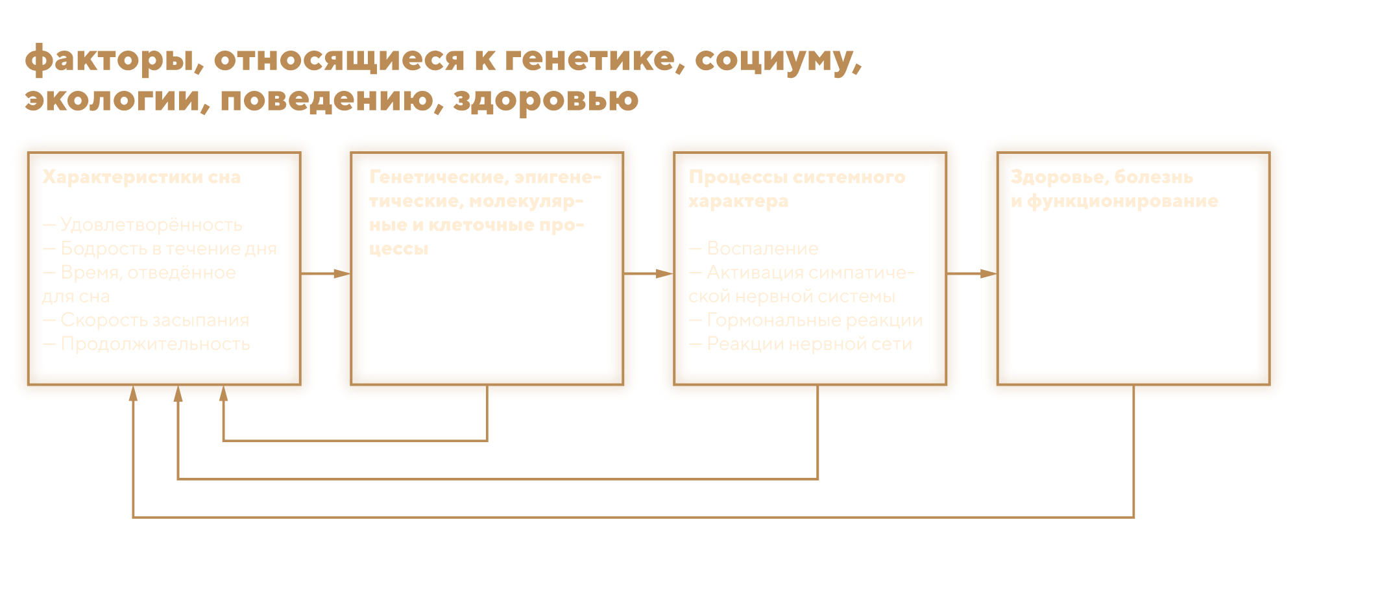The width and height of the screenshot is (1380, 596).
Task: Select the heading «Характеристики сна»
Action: click(x=141, y=177)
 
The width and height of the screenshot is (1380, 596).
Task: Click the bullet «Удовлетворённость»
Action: click(x=151, y=225)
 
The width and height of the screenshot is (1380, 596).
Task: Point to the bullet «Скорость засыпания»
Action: click(x=154, y=320)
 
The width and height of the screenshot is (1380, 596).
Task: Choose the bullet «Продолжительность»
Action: click(x=155, y=344)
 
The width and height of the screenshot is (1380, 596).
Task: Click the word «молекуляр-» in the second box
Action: click(x=526, y=201)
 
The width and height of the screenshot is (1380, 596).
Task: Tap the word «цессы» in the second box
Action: click(x=399, y=249)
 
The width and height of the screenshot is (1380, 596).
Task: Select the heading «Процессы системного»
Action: click(x=797, y=177)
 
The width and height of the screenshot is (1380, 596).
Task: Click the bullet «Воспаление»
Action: click(x=762, y=249)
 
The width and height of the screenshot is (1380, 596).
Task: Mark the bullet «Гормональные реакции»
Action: click(x=814, y=320)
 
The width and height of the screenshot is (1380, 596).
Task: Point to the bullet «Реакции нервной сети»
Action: click(x=809, y=344)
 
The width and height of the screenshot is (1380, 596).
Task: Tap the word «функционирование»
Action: click(x=1122, y=201)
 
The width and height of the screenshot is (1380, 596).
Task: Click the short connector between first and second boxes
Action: click(x=326, y=274)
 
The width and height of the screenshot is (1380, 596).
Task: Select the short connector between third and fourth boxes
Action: click(x=972, y=274)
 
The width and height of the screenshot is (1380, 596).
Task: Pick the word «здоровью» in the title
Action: click(x=546, y=99)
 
